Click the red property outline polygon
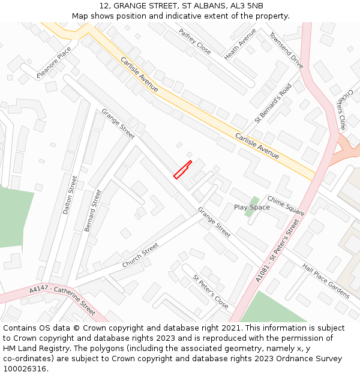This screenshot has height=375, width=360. (x=182, y=170)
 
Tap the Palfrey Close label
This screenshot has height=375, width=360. (x=194, y=41)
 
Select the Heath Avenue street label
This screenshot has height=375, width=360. (x=240, y=44)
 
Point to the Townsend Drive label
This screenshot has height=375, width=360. (x=286, y=50)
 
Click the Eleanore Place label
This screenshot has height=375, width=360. (x=58, y=63)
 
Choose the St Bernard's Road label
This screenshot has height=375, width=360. (x=272, y=103)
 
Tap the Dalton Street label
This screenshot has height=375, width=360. (x=70, y=195)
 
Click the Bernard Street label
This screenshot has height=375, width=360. (x=93, y=211)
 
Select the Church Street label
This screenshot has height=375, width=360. (x=140, y=256)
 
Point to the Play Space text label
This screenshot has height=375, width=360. (x=252, y=208)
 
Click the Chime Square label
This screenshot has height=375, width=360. (x=286, y=206)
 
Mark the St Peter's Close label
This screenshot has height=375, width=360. (x=210, y=291)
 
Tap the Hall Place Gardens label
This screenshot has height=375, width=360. (x=325, y=281)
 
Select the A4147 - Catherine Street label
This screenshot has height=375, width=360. (x=62, y=299)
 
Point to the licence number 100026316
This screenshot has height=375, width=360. (x=25, y=369)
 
